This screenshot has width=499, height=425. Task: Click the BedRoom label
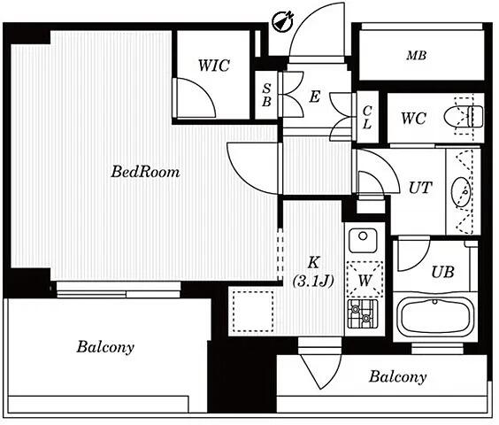[x=145, y=172]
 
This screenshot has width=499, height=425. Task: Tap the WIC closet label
[x=214, y=66]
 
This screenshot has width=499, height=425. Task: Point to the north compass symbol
[x=283, y=21]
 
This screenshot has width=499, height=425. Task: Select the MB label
[x=416, y=56]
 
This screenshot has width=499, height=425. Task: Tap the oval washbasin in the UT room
[x=462, y=192]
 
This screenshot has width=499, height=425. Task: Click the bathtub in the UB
[x=435, y=315]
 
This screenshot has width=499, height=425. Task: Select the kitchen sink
[x=363, y=240]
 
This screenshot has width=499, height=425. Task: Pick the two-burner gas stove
[x=363, y=313]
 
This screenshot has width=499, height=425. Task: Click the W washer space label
[x=365, y=281]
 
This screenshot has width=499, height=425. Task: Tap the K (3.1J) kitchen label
[x=313, y=272]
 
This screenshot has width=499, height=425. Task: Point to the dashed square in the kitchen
[x=253, y=311]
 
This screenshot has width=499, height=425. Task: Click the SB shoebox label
[x=266, y=95]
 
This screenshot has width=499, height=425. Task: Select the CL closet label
[x=367, y=117]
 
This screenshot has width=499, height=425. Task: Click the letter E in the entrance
[x=314, y=97]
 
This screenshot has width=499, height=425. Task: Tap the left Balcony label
[x=105, y=347]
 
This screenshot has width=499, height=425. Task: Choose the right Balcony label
[x=398, y=377]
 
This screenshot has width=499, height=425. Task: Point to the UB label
[x=442, y=272]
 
